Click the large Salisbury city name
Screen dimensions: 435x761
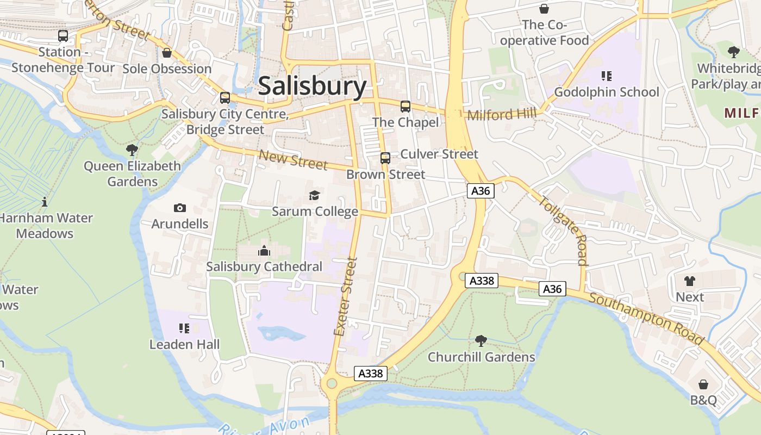312,86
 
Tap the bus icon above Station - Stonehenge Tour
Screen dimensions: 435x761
63,36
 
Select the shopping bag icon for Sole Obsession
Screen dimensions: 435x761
167,53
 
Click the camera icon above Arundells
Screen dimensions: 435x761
179,208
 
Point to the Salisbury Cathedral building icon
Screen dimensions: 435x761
264,250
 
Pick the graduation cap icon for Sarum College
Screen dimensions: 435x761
314,195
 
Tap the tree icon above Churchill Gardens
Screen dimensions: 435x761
481,341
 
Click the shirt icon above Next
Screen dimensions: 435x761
690,281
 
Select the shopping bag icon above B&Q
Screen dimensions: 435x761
703,384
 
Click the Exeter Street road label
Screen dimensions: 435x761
346,297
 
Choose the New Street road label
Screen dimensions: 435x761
293,159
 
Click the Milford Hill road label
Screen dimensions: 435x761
502,114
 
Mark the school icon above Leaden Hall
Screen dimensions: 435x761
184,328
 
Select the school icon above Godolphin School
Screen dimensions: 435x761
606,76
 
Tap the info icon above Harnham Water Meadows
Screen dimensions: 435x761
45,202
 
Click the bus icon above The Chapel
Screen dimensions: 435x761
406,106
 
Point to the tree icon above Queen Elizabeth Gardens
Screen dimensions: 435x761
132,150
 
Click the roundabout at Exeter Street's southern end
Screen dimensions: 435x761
329,383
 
